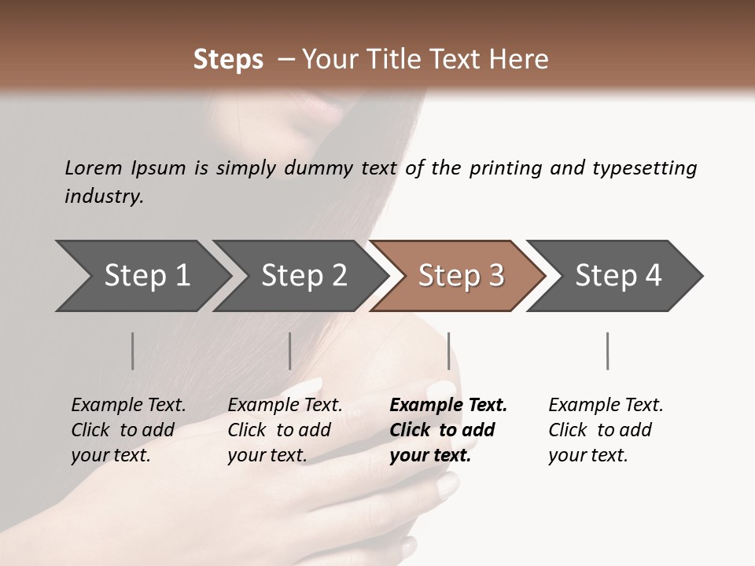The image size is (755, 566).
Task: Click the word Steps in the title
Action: pos(228,59)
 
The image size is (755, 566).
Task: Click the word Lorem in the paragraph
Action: pos(94,167)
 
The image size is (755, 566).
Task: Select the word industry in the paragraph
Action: pos(103,196)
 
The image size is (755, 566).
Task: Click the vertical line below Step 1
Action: pos(132,351)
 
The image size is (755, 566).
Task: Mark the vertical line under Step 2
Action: pos(290,351)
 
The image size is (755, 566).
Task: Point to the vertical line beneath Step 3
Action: pos(448,351)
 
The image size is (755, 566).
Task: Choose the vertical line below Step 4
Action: pos(607,351)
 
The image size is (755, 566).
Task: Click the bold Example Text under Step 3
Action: pos(448,406)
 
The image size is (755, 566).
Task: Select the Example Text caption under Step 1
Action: pos(128,406)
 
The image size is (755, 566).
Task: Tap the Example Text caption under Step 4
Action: pos(606,406)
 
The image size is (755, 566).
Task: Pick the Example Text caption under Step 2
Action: pos(285,406)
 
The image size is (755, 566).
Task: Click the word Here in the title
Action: pos(521,59)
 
